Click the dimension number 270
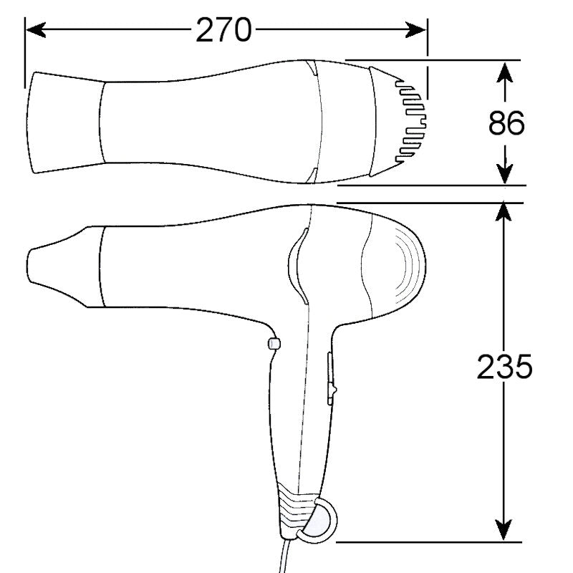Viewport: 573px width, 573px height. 224,29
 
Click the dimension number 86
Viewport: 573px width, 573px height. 506,123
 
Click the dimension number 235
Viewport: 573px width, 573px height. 505,368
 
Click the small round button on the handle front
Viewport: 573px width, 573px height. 273,344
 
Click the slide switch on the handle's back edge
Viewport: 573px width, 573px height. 331,380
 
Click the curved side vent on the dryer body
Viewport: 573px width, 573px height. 295,264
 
